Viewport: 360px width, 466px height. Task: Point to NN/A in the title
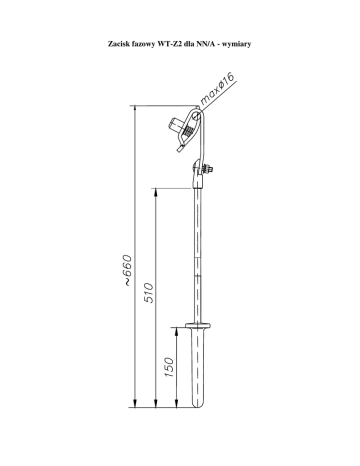[x=206, y=44]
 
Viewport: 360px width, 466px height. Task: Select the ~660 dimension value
[x=127, y=270]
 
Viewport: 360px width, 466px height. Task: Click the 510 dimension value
[x=150, y=293]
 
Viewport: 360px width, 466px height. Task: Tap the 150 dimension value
[x=169, y=367]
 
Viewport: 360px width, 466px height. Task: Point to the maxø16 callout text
[x=218, y=89]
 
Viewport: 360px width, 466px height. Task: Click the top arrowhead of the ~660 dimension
[x=135, y=109]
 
